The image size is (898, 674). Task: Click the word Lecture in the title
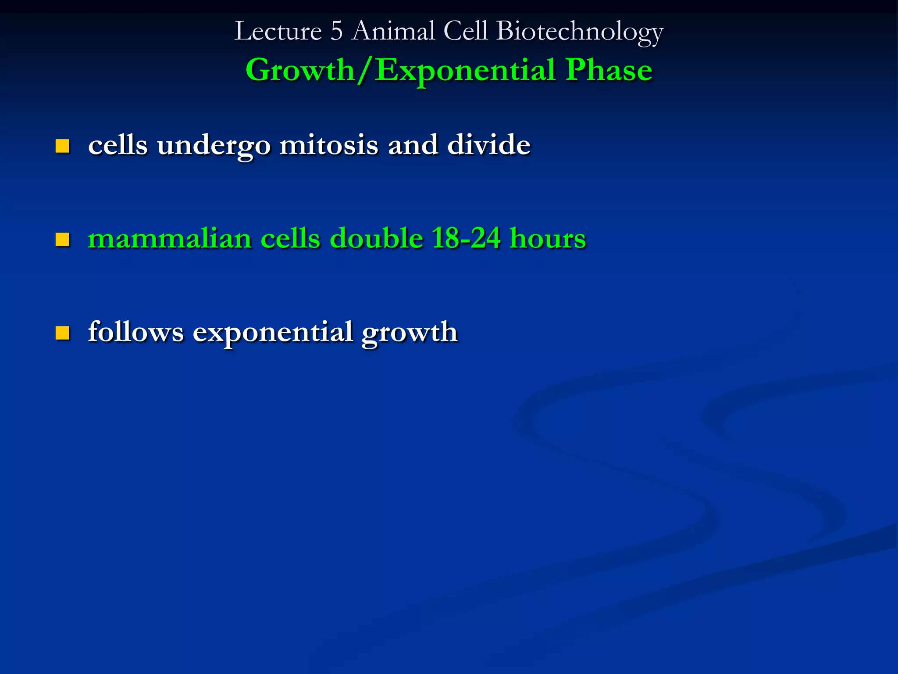click(x=278, y=32)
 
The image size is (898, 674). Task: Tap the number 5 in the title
click(x=336, y=32)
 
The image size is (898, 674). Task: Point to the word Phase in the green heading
click(x=609, y=70)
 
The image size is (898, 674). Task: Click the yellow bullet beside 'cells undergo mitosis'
click(x=62, y=146)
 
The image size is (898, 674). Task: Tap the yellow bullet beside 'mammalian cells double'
click(x=62, y=240)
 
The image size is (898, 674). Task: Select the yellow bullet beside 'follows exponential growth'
click(x=62, y=333)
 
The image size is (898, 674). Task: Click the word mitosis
click(x=328, y=145)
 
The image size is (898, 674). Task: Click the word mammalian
click(x=170, y=239)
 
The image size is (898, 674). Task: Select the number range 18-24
click(x=466, y=238)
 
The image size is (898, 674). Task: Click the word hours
click(x=548, y=238)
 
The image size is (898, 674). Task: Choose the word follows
click(x=136, y=331)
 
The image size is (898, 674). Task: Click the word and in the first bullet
click(x=413, y=145)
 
